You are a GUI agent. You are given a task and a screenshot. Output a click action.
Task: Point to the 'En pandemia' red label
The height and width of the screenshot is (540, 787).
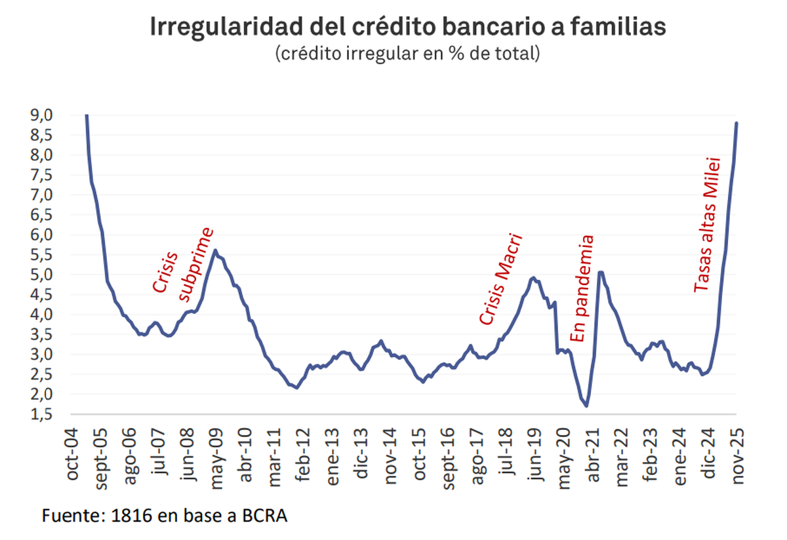coord(582,288)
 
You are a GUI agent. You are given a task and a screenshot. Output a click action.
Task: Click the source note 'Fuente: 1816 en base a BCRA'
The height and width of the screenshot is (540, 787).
coord(165,516)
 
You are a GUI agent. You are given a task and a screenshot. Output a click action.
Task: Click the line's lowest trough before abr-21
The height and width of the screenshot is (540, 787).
coord(586,406)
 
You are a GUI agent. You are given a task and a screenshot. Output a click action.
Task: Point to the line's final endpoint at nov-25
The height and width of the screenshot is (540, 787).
coord(737,123)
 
